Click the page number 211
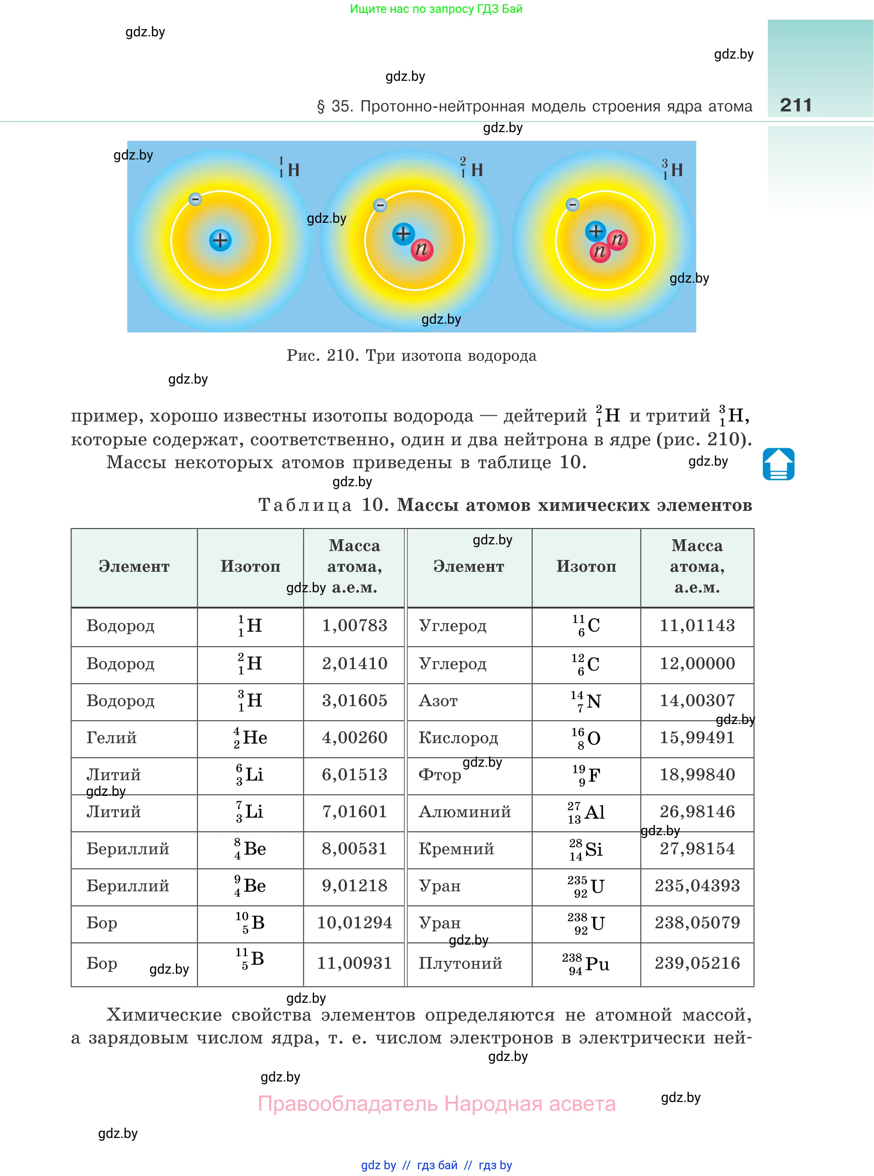(x=795, y=105)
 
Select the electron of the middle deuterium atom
(x=380, y=205)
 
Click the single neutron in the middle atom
(x=422, y=249)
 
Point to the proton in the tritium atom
(x=595, y=231)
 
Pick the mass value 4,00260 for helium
(x=355, y=737)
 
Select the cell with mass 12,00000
(x=697, y=663)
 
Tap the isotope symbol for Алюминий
(x=586, y=812)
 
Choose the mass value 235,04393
(x=697, y=885)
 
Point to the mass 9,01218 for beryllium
(x=355, y=885)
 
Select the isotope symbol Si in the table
(x=586, y=849)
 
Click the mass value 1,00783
(x=355, y=626)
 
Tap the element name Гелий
(x=112, y=737)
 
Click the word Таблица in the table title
(x=305, y=505)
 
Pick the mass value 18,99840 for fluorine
(x=697, y=774)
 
